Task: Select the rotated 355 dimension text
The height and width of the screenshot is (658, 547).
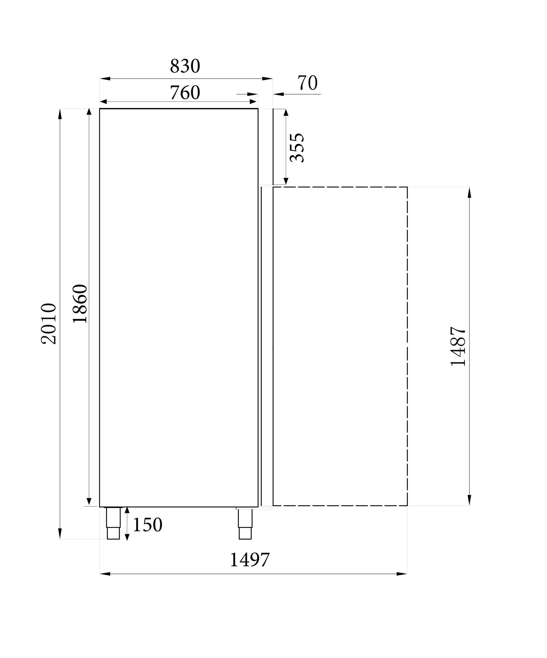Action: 296,148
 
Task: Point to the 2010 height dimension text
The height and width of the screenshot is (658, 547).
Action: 48,324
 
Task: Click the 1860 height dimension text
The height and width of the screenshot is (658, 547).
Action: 80,304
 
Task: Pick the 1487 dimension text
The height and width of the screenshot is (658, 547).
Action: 457,346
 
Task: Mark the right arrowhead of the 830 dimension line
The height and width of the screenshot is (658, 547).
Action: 267,78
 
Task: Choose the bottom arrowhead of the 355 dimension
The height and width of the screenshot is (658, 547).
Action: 286,181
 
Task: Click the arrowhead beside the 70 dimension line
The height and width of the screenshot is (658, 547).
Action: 279,94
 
